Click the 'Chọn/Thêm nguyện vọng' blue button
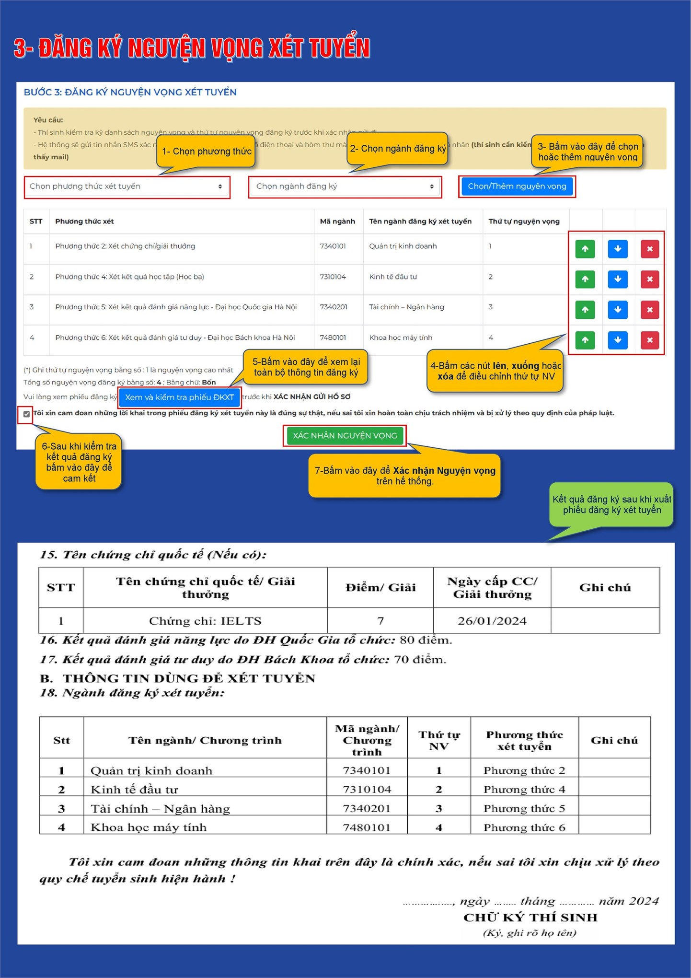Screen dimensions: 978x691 coord(517,186)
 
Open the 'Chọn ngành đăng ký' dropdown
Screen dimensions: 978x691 coord(345,186)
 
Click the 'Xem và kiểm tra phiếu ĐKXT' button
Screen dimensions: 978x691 coord(179,397)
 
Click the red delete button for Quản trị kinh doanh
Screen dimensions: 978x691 coord(650,249)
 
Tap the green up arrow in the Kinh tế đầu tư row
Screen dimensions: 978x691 coord(585,279)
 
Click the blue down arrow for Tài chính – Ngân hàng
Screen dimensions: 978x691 coord(618,310)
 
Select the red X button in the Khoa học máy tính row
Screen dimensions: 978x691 coord(650,340)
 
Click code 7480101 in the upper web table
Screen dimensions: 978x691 coord(333,338)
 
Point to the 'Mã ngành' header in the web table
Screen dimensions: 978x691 coord(337,221)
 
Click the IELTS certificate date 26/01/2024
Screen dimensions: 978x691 coord(492,621)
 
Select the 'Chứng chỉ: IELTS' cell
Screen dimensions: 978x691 coord(205,621)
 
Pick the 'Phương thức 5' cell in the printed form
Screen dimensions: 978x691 coord(524,808)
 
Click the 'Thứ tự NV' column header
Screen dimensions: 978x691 coord(439,740)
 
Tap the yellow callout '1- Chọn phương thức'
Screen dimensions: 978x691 coord(207,151)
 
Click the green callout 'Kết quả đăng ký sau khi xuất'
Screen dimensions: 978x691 coord(611,504)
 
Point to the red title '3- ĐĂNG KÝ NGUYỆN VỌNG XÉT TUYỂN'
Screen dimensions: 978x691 coord(192,48)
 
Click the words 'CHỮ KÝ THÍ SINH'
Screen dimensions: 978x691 coord(530,918)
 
